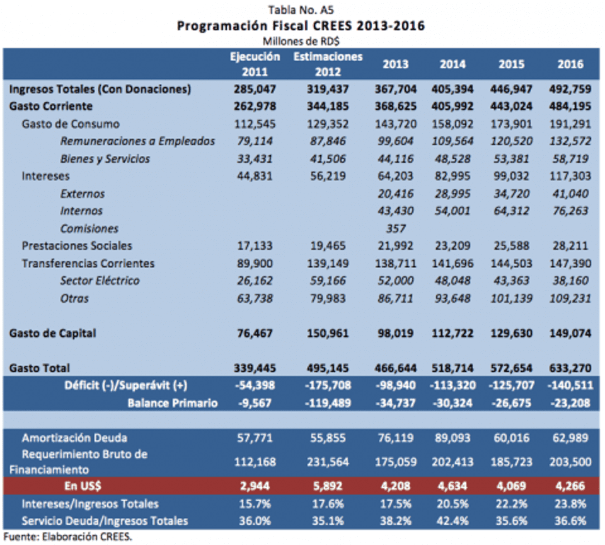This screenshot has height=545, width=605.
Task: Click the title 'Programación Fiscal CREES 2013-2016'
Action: click(301, 26)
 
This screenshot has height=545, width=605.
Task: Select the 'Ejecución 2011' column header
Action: click(255, 64)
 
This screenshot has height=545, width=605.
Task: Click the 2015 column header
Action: click(511, 64)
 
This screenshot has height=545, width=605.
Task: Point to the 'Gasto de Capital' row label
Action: click(53, 333)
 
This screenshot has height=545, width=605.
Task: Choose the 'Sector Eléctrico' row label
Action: click(100, 281)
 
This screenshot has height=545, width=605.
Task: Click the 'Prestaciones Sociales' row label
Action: click(77, 245)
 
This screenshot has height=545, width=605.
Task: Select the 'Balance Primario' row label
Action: click(173, 403)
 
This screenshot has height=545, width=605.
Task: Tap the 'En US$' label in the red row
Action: click(85, 486)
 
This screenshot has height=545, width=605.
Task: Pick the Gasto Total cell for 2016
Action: click(570, 368)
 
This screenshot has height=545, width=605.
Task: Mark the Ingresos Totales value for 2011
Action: click(255, 89)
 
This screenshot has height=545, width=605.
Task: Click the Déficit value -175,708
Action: click(327, 385)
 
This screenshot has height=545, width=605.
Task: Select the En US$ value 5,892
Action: click(327, 486)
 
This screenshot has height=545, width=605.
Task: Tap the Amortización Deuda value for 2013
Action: click(396, 437)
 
